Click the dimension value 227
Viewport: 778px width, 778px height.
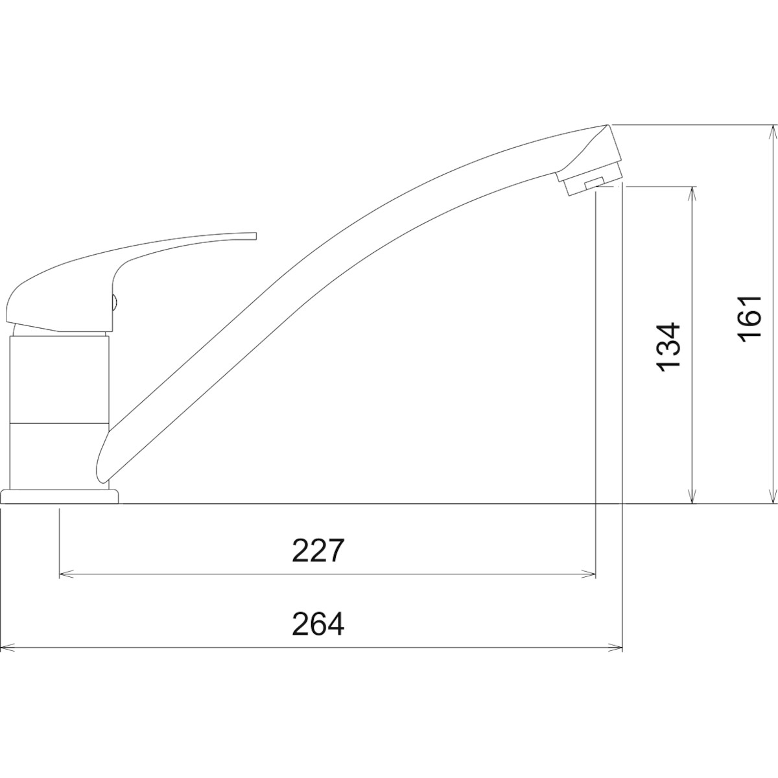[x=318, y=550]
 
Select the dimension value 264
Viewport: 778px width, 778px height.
[x=318, y=624]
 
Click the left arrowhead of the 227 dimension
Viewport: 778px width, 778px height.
[x=67, y=574]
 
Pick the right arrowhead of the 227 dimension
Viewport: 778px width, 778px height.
[x=588, y=574]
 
